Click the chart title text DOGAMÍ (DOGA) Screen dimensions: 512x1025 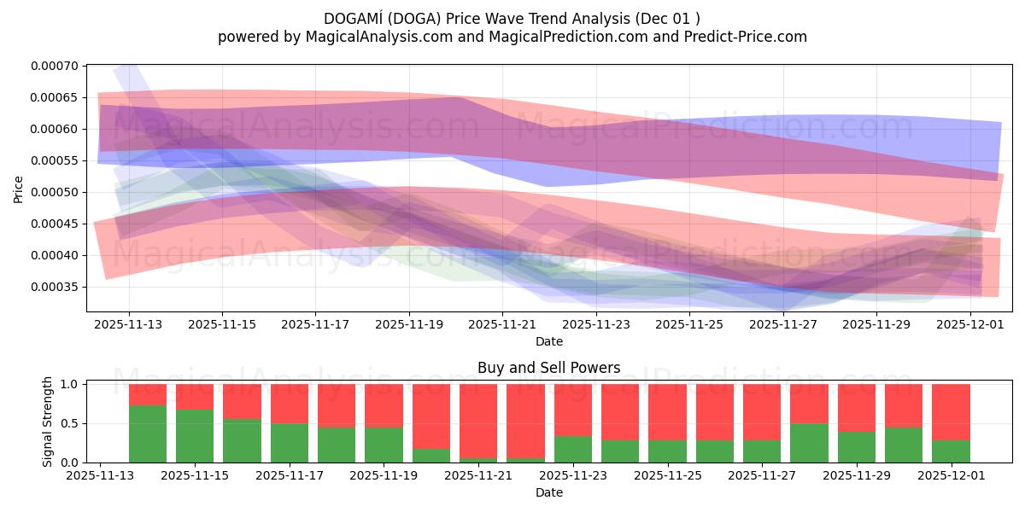point(389,18)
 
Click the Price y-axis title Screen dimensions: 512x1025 point(19,189)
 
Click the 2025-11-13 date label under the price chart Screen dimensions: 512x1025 point(129,324)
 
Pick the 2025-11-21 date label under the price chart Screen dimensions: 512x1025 point(502,324)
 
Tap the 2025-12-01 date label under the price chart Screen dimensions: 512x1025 point(970,324)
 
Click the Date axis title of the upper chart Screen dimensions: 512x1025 point(548,341)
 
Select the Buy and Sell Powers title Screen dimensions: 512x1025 point(548,369)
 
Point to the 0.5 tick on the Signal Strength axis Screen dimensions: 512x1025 point(73,423)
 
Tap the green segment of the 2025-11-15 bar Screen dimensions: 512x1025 point(195,436)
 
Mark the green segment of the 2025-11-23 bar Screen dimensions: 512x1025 point(573,450)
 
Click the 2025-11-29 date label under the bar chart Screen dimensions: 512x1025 point(857,476)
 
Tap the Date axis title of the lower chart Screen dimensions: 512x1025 point(548,492)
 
